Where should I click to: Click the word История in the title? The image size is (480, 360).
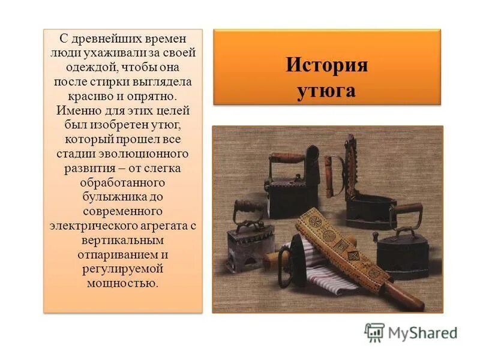(x=326, y=65)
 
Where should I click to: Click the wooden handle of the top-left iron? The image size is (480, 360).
(x=287, y=159)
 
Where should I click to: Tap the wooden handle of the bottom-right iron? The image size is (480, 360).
(x=408, y=208)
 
